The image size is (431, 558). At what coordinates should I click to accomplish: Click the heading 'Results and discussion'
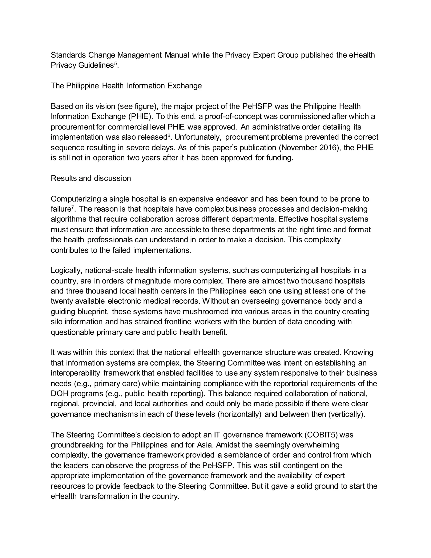91,178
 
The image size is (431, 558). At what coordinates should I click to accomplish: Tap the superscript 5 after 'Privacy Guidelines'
115,63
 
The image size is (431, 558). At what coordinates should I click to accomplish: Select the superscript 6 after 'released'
169,135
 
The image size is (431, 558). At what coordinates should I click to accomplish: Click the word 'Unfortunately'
198,137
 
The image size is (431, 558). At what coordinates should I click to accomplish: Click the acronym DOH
60,394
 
